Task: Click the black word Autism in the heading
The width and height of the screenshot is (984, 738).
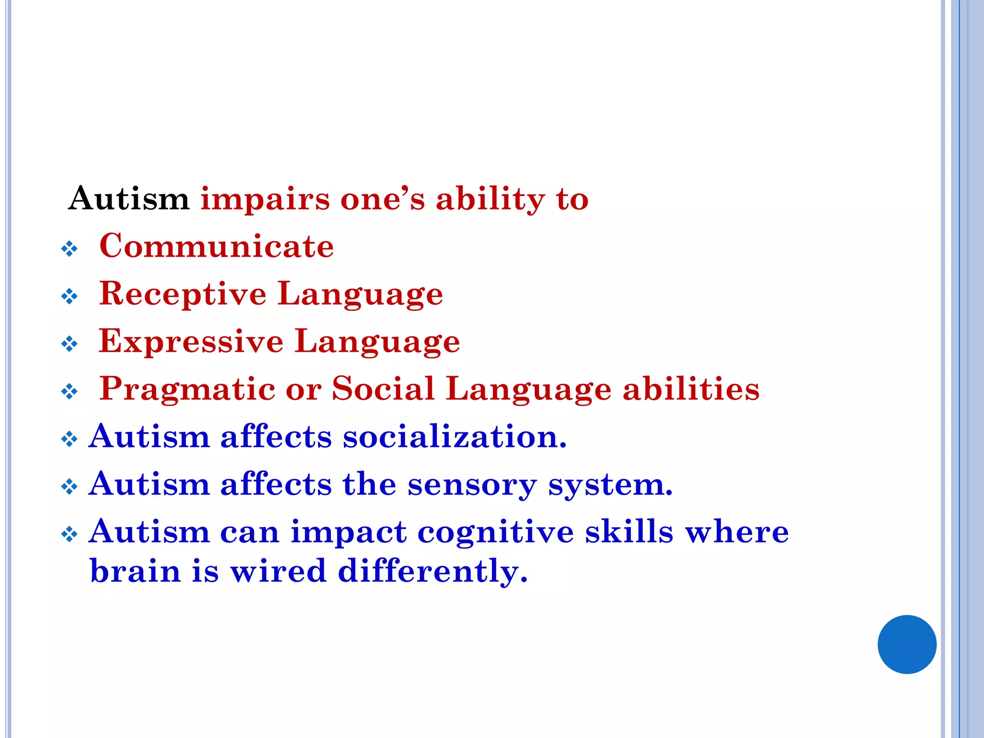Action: [x=129, y=198]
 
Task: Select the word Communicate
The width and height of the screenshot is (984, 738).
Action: [x=216, y=246]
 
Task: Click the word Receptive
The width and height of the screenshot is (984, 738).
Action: [x=183, y=294]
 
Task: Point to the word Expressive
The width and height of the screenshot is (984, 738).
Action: [x=191, y=341]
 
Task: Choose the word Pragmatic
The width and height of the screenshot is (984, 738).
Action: [x=187, y=389]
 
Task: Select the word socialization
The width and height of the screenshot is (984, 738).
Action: [x=455, y=437]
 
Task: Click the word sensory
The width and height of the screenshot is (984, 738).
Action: [x=472, y=484]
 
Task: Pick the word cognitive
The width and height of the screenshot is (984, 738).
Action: [x=495, y=532]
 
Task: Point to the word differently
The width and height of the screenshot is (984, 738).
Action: [x=432, y=571]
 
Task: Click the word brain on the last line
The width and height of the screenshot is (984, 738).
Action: [x=135, y=571]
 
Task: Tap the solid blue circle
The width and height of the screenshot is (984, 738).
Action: [x=907, y=644]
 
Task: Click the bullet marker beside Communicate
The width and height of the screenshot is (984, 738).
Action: [x=70, y=249]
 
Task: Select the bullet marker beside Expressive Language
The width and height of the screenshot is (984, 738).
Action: [x=70, y=344]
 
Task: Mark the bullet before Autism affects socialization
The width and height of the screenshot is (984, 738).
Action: [x=70, y=439]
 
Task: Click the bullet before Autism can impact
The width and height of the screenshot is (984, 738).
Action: [x=70, y=534]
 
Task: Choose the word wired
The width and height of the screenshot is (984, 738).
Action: [x=278, y=571]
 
